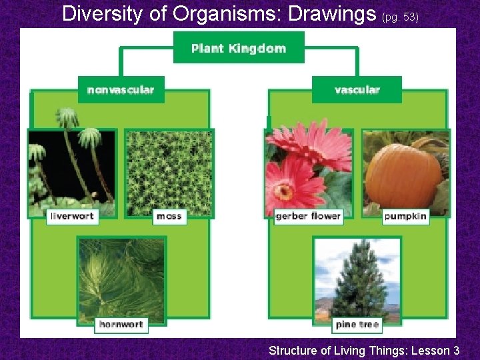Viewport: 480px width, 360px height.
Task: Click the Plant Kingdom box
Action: coord(239,48)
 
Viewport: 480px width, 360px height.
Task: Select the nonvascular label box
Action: coord(121,89)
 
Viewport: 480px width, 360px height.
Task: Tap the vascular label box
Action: coord(357,89)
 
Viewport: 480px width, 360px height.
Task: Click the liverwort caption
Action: coord(73,216)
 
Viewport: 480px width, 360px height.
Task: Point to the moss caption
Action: coord(169,216)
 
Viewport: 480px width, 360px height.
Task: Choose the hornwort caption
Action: coord(121,325)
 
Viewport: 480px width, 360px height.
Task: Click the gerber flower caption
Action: coord(308,216)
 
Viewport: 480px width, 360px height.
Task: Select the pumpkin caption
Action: coord(405,216)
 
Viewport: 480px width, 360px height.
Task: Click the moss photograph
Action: coord(169,171)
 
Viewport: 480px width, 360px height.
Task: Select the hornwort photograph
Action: coord(121,277)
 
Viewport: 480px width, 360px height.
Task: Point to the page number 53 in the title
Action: coord(409,17)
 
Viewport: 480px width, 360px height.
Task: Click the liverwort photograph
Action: coord(71,171)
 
